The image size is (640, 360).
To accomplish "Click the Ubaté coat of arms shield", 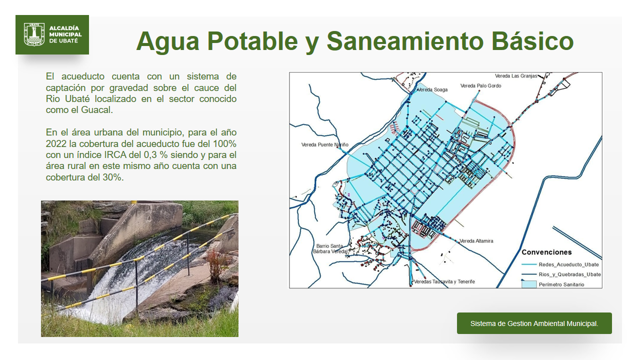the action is point(34,34).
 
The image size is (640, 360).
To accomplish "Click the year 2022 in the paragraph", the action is point(56,143).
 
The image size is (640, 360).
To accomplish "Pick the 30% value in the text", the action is point(113,177).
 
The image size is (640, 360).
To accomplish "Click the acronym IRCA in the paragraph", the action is point(115,154).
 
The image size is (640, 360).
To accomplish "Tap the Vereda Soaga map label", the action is point(432,89).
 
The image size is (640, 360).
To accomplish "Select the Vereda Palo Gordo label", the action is point(480,85).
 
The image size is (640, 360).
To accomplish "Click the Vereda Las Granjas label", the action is point(516,76).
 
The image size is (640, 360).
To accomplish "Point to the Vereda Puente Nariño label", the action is point(325,144).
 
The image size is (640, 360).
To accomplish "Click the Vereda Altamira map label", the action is point(476,241).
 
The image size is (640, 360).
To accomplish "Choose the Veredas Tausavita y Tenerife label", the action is point(444,281).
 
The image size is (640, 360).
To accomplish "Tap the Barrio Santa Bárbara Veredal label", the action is point(330,248).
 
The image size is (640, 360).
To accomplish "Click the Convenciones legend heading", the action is point(546,252).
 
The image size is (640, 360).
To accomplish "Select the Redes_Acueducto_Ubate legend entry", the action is point(560,264).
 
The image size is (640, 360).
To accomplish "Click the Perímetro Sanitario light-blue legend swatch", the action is point(529,284).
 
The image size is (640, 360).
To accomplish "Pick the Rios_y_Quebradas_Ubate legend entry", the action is point(561,274).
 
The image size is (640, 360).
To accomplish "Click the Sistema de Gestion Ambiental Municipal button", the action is point(534,323).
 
